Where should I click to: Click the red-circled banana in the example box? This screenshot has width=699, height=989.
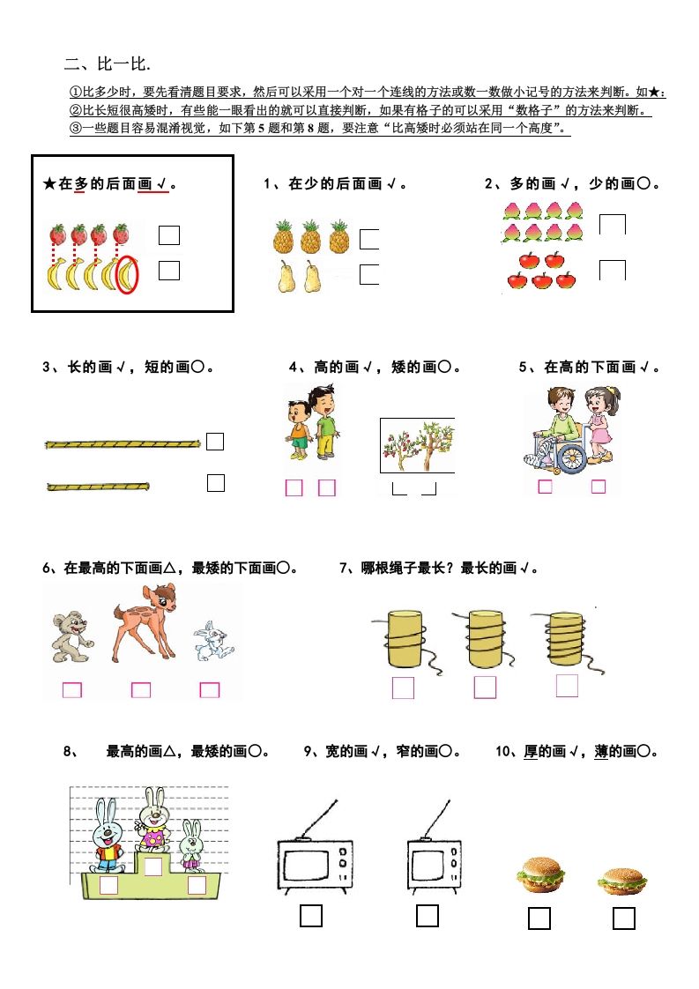[x=128, y=274]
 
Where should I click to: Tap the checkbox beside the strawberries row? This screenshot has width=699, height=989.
[x=169, y=235]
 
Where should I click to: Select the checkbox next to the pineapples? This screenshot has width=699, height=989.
[x=369, y=239]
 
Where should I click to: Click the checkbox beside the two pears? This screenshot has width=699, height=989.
[x=369, y=275]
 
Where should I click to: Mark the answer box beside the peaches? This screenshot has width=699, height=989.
[x=612, y=226]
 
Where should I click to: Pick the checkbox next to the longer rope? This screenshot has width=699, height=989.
[x=215, y=442]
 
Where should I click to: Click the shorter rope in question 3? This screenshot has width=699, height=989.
[x=98, y=486]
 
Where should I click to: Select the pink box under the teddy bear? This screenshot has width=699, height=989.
[x=72, y=690]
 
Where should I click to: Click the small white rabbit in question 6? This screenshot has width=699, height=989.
[x=211, y=641]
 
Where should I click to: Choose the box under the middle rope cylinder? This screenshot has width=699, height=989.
[x=485, y=688]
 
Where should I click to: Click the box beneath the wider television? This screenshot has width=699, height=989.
[x=311, y=917]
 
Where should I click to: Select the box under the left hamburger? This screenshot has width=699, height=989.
[x=539, y=919]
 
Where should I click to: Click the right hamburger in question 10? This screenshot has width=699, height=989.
[x=621, y=879]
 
